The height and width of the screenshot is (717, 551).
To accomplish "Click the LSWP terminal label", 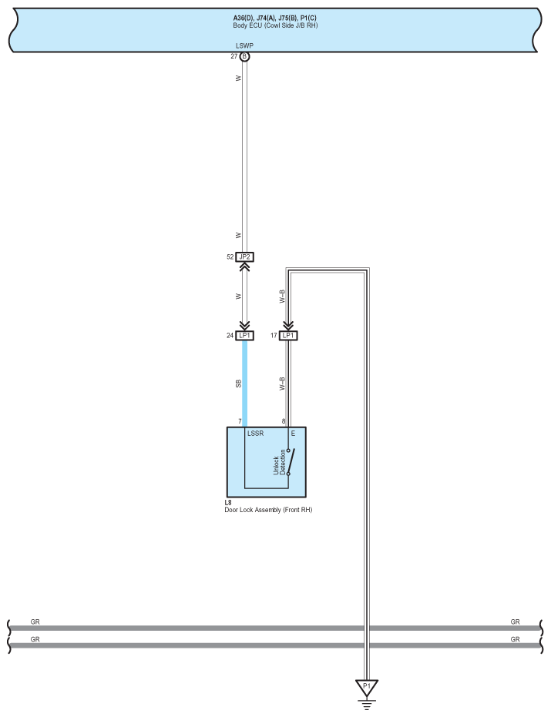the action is click(x=244, y=45).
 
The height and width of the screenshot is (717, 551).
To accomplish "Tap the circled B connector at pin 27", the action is click(x=244, y=57).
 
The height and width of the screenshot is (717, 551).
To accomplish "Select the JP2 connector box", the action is click(x=244, y=257).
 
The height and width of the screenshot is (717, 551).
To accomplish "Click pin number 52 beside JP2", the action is click(x=230, y=257).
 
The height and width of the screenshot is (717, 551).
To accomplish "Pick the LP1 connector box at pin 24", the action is click(x=244, y=336).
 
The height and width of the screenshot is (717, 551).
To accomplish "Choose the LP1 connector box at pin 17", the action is click(x=288, y=336).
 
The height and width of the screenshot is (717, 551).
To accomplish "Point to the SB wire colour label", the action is click(x=238, y=384).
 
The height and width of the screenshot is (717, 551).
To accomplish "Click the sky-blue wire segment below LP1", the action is click(x=245, y=384).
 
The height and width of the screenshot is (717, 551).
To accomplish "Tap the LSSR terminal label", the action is click(x=255, y=434).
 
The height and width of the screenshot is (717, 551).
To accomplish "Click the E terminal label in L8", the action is click(x=293, y=434).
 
